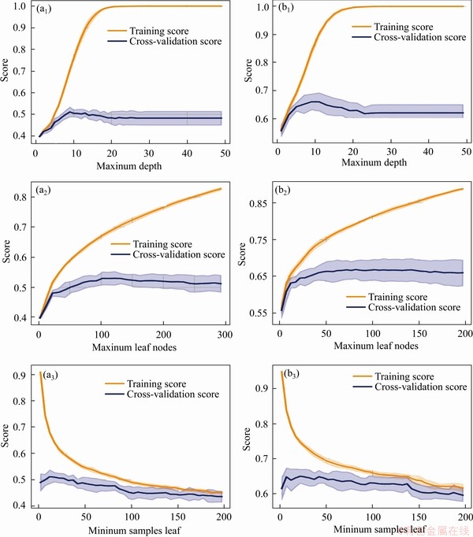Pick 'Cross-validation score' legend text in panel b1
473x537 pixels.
416,37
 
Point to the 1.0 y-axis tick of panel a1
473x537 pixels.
17,7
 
